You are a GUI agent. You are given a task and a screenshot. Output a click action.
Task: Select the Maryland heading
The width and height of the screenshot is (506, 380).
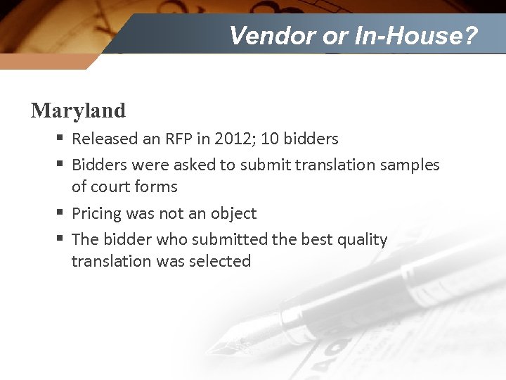point(78,110)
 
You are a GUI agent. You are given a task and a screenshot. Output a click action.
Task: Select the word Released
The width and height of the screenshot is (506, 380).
point(105,139)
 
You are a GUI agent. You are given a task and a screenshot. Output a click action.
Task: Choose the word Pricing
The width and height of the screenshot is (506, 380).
point(97,213)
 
